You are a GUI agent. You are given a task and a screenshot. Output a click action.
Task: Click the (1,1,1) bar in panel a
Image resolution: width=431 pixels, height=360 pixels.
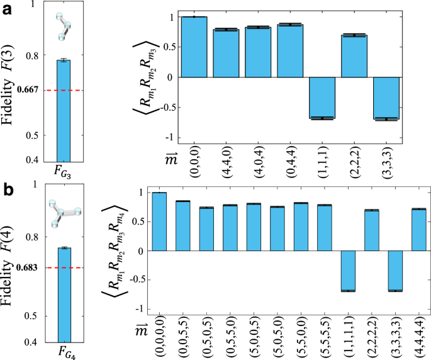pyautogui.click(x=322, y=98)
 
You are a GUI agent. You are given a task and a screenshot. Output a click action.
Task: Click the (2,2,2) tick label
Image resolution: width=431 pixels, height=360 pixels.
pyautogui.click(x=354, y=167)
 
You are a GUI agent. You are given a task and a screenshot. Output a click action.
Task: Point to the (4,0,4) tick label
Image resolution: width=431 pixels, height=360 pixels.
pyautogui.click(x=258, y=167)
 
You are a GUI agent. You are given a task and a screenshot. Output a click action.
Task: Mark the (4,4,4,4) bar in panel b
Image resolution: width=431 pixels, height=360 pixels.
pyautogui.click(x=418, y=230)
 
